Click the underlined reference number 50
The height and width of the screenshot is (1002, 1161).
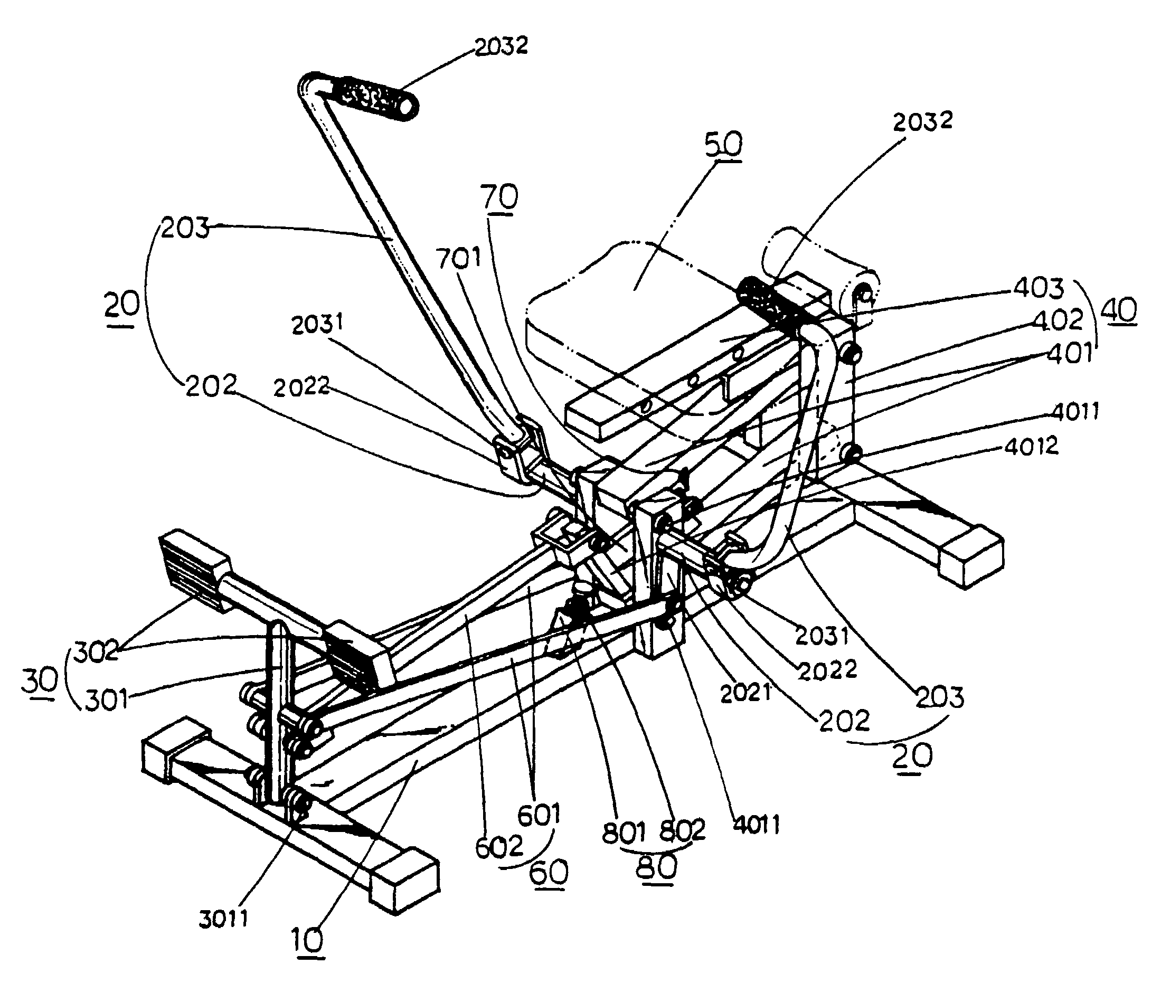pyautogui.click(x=723, y=145)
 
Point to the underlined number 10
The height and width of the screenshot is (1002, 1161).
pyautogui.click(x=308, y=939)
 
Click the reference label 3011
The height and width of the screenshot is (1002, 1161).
pyautogui.click(x=223, y=920)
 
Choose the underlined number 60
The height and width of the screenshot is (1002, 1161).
pyautogui.click(x=549, y=873)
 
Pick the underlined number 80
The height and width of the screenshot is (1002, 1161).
pyautogui.click(x=657, y=867)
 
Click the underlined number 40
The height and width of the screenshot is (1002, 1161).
pyautogui.click(x=1118, y=310)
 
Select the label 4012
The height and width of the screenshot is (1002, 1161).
pyautogui.click(x=1031, y=446)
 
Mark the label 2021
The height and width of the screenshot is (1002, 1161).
pyautogui.click(x=746, y=694)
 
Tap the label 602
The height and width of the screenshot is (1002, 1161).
pyautogui.click(x=499, y=848)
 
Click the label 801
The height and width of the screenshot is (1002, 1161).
pyautogui.click(x=624, y=833)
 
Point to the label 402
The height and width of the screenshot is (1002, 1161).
pyautogui.click(x=1057, y=320)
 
